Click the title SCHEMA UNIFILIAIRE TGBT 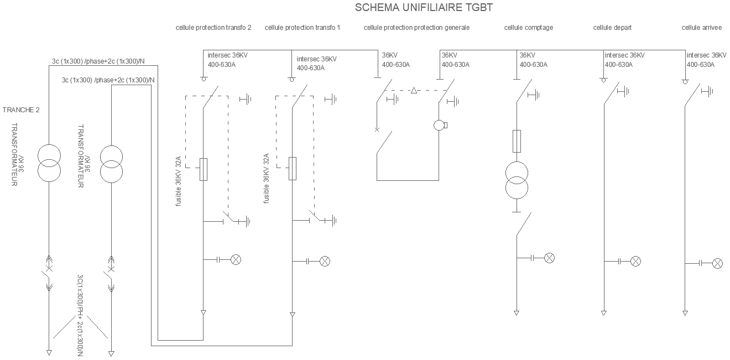point(423,8)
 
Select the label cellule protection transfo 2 point(213,28)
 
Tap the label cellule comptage point(528,28)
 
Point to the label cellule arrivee point(701,28)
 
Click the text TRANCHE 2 point(21,110)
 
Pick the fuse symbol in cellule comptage point(517,141)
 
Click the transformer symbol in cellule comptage point(517,180)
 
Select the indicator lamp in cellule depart point(636,260)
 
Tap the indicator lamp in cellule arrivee point(717,263)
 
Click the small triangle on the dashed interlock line point(414,90)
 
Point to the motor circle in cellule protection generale point(439,126)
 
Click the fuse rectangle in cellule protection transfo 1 point(293,169)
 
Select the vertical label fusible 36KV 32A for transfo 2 point(179,181)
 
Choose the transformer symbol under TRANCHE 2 point(49,164)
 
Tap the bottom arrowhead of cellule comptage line point(517,313)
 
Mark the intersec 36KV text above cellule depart point(624,55)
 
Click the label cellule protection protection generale point(416,28)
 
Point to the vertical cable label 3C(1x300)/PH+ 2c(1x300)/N point(80,314)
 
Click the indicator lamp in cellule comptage point(549,258)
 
